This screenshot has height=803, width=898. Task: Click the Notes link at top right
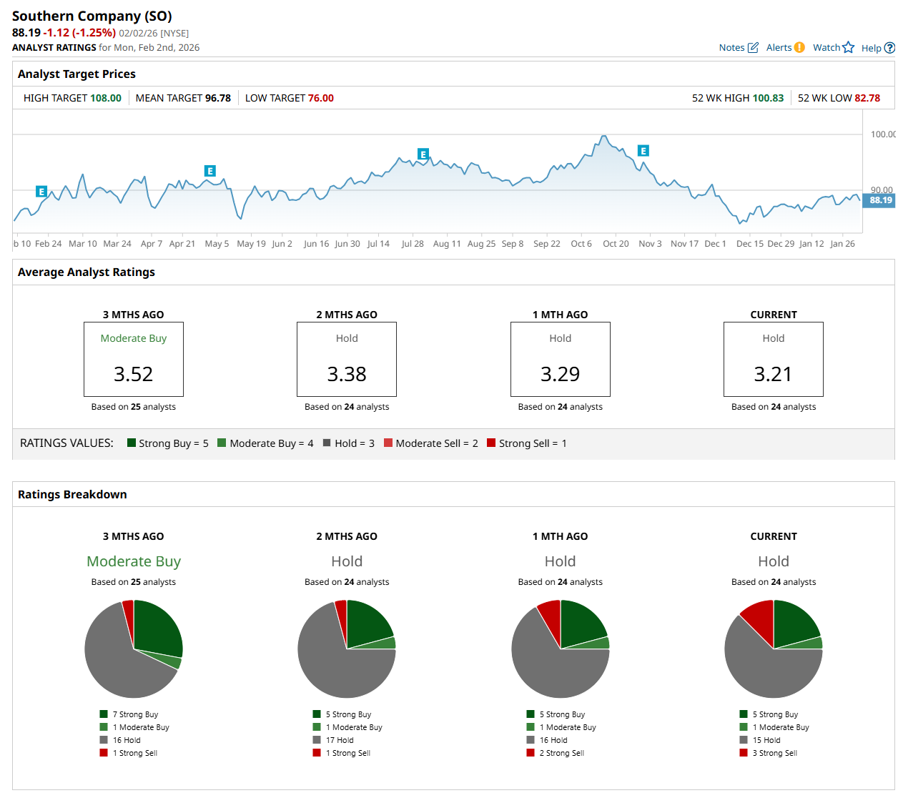click(738, 48)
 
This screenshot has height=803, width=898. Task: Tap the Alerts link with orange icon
click(785, 48)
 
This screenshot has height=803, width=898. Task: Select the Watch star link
click(833, 48)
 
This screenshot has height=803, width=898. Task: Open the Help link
click(877, 49)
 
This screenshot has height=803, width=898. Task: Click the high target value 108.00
click(106, 98)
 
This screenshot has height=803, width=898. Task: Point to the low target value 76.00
click(320, 98)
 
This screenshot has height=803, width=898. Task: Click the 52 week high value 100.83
click(768, 98)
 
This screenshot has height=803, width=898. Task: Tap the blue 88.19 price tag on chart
click(880, 200)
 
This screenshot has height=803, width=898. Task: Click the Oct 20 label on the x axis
click(616, 244)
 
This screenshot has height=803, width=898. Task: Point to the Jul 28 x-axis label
click(413, 244)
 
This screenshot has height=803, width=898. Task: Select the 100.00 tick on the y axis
click(882, 134)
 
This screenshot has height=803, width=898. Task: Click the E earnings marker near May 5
click(209, 171)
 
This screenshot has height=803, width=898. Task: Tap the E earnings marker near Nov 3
click(643, 151)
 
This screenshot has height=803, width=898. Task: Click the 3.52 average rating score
click(134, 374)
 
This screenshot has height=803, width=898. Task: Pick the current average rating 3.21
click(773, 374)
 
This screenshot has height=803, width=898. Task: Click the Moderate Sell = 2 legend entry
click(430, 443)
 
